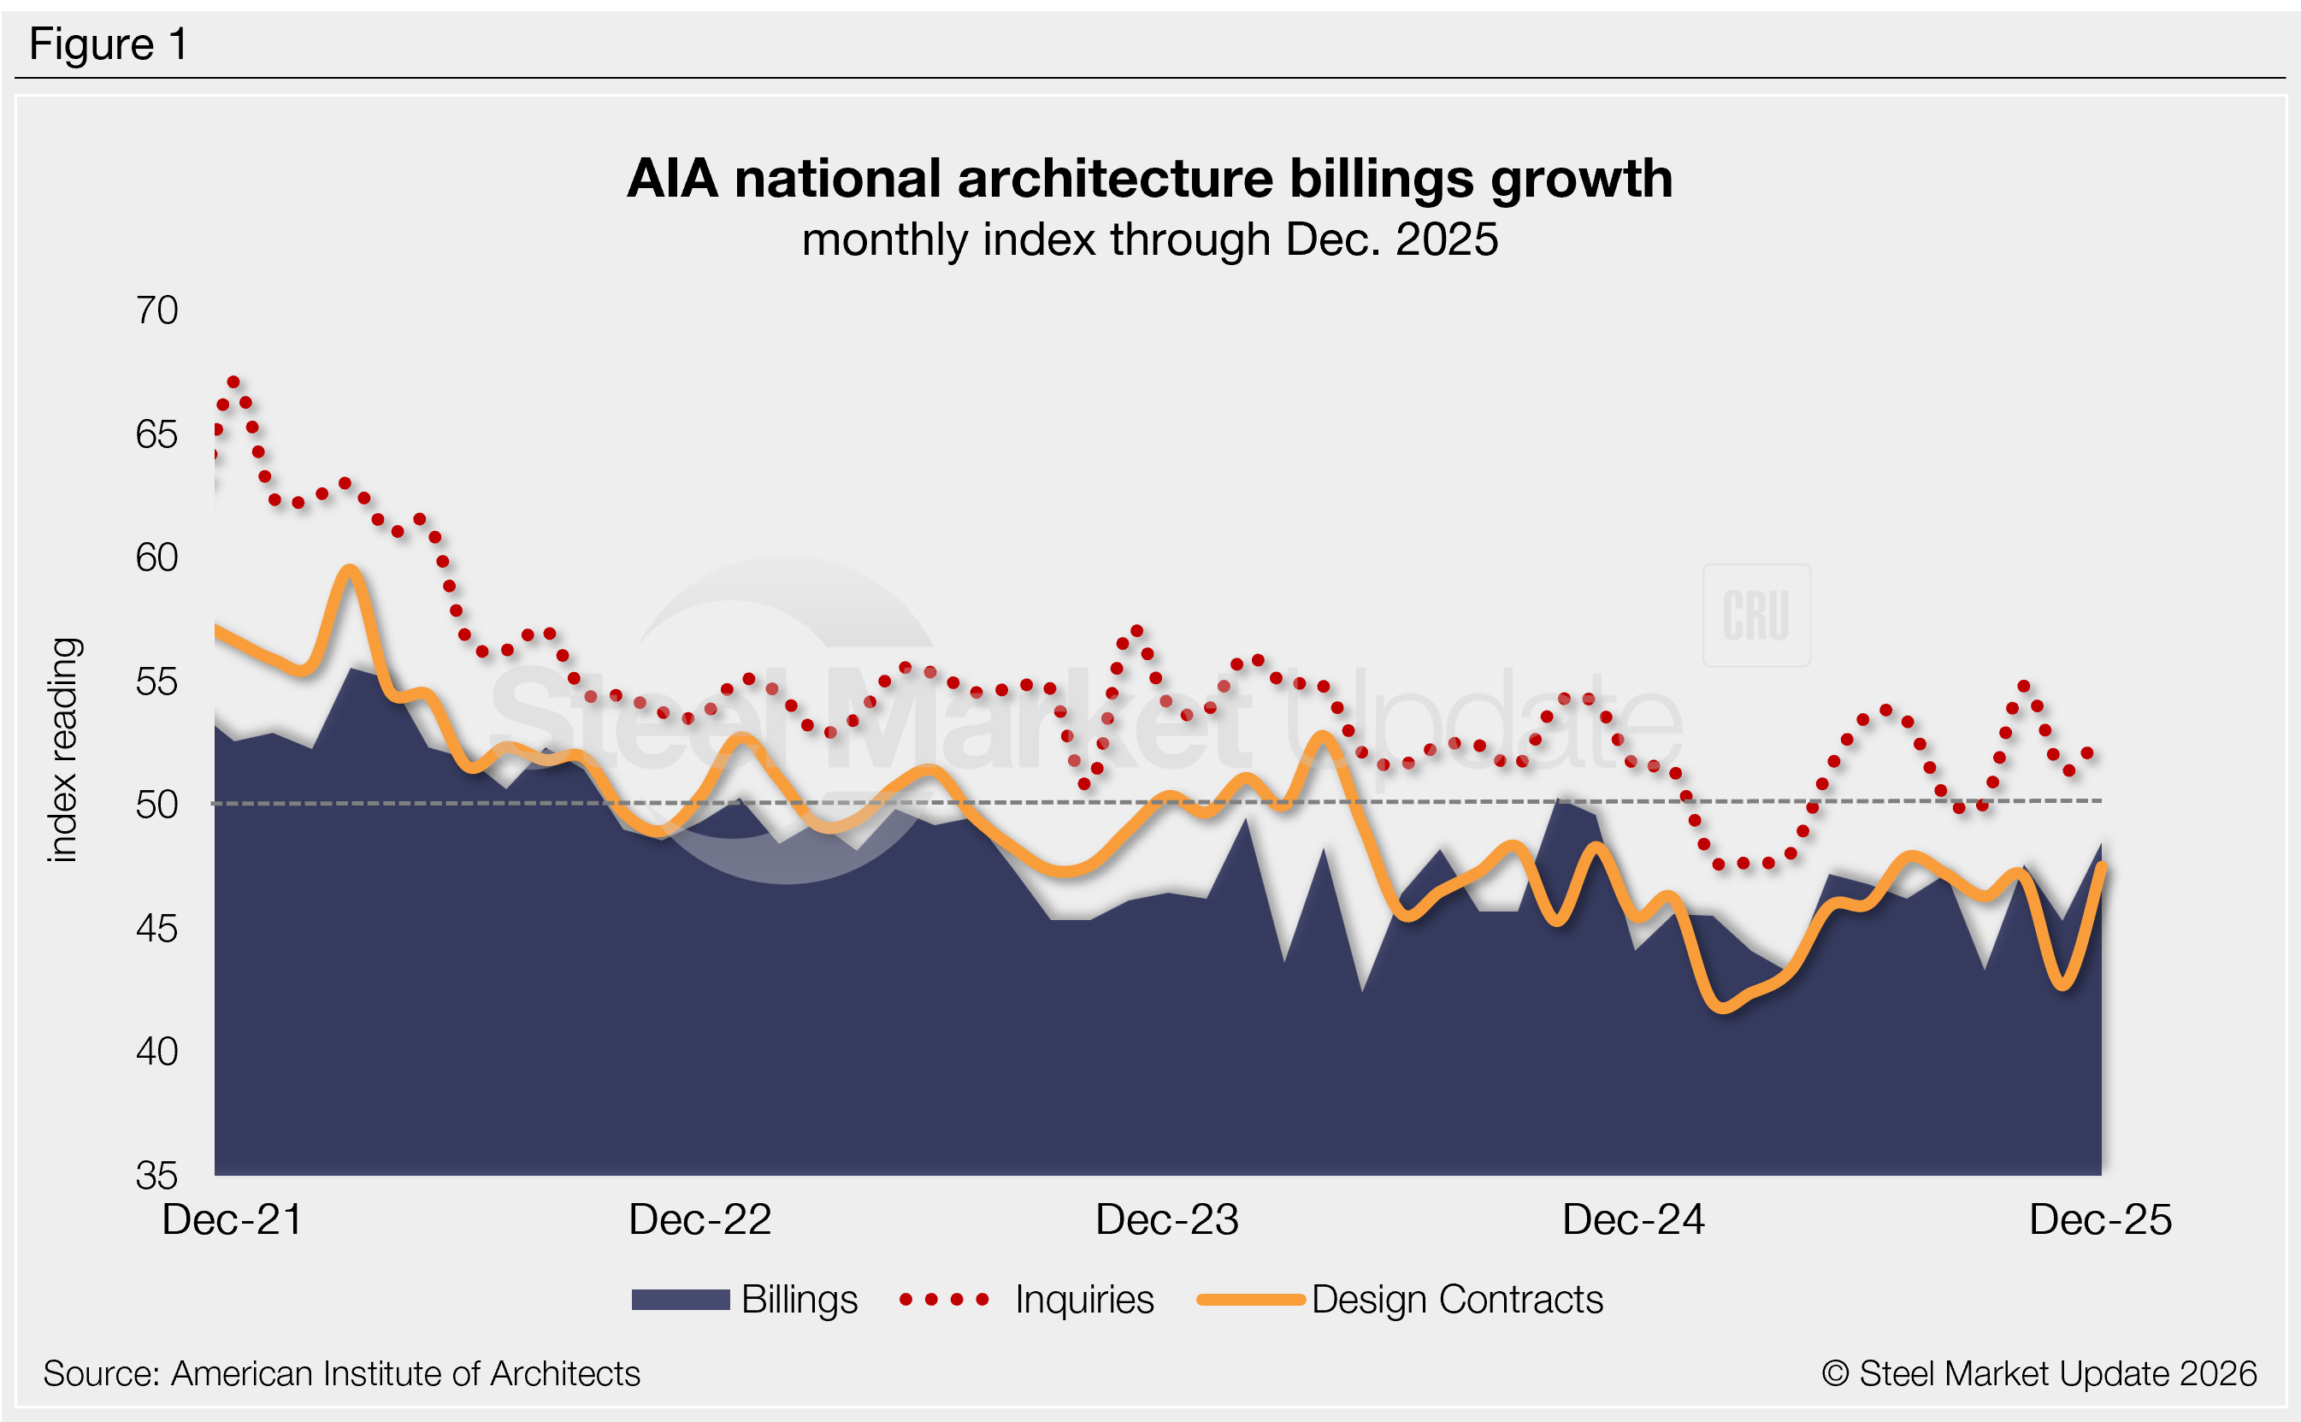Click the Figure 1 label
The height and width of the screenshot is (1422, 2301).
(x=108, y=44)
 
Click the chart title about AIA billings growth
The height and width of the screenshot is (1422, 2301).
(x=1149, y=178)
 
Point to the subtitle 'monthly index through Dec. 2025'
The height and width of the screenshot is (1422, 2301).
(x=1149, y=239)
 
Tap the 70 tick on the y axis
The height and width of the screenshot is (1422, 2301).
(x=157, y=310)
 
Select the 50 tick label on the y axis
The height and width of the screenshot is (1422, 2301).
(x=157, y=805)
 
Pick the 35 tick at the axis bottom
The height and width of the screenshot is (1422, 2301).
(x=157, y=1176)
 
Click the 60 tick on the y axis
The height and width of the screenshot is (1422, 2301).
(x=157, y=558)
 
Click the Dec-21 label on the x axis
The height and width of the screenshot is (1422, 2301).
(x=233, y=1220)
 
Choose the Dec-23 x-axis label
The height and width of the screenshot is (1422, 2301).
(x=1167, y=1220)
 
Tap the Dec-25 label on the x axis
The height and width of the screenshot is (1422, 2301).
(x=2100, y=1220)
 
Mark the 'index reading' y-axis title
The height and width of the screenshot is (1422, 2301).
(x=63, y=750)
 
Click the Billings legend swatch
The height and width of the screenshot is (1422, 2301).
(x=680, y=1300)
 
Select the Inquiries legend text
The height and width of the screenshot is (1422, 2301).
(x=1084, y=1300)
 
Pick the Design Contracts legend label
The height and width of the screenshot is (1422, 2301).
(x=1456, y=1300)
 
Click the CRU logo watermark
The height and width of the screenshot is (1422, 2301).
(x=1755, y=616)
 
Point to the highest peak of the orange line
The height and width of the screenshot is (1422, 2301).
(x=350, y=570)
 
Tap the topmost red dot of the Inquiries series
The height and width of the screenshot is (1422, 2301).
(x=234, y=383)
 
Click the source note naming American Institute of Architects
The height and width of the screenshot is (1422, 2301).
(x=341, y=1374)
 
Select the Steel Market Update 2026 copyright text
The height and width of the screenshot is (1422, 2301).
(x=2038, y=1374)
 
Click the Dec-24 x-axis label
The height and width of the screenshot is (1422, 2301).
(x=1633, y=1220)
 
